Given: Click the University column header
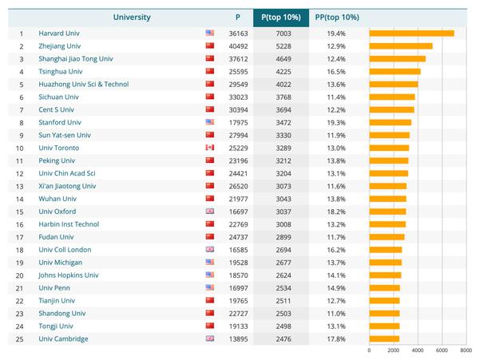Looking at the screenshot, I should [x=132, y=16].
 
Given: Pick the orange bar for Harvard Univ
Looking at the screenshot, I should [x=411, y=34].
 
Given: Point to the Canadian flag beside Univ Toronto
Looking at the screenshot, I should [x=210, y=148].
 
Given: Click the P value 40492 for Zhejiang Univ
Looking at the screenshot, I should [x=239, y=46].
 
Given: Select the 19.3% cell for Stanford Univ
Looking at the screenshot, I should [x=336, y=122].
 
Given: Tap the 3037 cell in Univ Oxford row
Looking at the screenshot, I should [x=285, y=212].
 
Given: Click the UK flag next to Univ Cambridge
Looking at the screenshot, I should [x=210, y=338].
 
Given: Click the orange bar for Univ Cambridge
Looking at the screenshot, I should [x=384, y=338].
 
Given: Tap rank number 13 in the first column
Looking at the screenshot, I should [x=22, y=186].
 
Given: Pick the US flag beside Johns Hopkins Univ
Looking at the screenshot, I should [x=210, y=275].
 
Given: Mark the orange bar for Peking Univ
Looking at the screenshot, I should [x=389, y=160].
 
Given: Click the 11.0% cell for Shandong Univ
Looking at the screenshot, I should [x=336, y=313].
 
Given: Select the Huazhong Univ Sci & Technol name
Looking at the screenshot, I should [x=83, y=85].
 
